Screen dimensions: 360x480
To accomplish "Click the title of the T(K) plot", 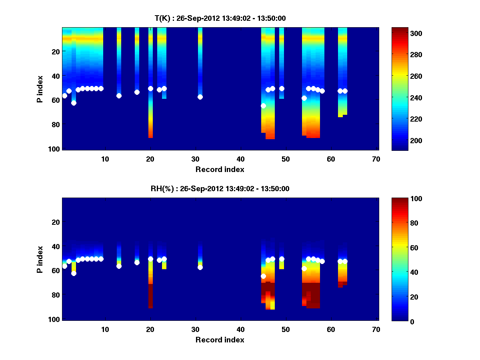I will (220, 18).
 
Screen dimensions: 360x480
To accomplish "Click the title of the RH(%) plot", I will (220, 189).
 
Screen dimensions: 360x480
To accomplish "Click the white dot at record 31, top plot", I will (200, 97).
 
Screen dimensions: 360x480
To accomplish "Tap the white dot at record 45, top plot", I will (263, 106).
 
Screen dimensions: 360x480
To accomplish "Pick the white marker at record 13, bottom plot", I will (119, 266).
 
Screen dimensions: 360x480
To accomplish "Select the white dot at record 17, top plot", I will (137, 92).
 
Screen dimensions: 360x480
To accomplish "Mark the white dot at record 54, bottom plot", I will (304, 268).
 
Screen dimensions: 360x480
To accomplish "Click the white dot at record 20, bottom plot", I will (150, 259).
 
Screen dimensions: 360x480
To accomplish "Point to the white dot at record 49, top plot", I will (282, 88).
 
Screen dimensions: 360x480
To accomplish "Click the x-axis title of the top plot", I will (220, 170).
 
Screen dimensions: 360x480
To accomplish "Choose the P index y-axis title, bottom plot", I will (40, 260).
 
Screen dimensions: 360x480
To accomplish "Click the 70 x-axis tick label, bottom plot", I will (376, 330).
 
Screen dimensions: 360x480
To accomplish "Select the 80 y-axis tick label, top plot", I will (56, 124).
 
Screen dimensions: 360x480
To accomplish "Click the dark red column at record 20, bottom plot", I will (150, 296).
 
